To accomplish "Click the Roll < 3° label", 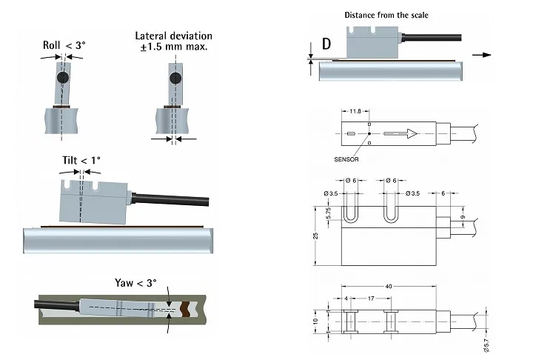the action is click(64, 45).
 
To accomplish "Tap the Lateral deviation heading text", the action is click(174, 36).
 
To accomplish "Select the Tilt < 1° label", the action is click(81, 161).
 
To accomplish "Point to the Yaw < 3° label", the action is click(135, 283).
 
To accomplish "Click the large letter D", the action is click(326, 44).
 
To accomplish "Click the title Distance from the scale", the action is click(386, 15).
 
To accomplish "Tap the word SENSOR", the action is click(346, 159).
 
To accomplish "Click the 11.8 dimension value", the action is click(355, 111).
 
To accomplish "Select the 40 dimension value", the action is click(389, 286).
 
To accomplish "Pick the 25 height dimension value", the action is click(315, 236).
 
